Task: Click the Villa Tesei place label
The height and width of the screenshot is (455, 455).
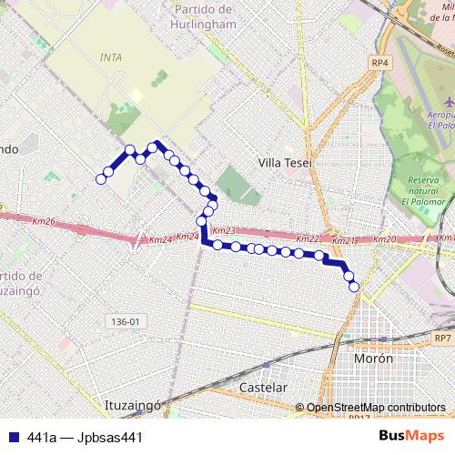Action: pos(285,163)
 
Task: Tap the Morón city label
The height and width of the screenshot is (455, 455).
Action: pos(373,359)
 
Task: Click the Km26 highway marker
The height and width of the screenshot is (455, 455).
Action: pos(43,221)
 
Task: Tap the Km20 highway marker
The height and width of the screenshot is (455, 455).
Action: pos(386,239)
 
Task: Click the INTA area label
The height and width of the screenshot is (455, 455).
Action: pos(110,56)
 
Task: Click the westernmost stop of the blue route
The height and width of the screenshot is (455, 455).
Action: pos(101,179)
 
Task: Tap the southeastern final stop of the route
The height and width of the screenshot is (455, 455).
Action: pos(354,288)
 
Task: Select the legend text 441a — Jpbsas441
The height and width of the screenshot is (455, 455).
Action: pos(85,437)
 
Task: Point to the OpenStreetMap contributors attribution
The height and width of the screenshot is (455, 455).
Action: pos(376,408)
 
